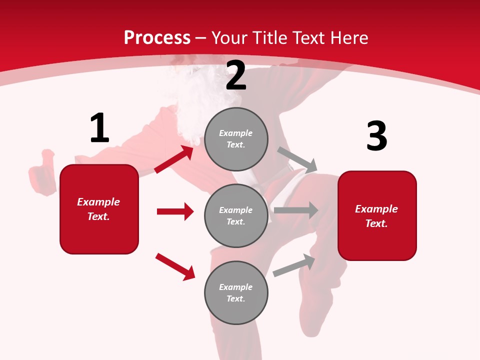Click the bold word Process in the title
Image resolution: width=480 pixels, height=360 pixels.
157,38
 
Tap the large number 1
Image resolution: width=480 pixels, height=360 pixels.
99,128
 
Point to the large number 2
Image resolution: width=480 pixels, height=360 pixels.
236,75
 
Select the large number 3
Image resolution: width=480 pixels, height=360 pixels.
376,136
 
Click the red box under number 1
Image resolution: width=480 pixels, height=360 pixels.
99,209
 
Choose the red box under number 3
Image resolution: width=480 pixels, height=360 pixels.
377,215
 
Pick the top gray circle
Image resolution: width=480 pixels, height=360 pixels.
236,139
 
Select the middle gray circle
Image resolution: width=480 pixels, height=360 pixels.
236,215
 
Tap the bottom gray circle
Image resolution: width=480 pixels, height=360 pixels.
236,292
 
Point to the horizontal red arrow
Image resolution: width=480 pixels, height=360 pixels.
175,211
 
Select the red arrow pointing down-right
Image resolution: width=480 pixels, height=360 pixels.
175,266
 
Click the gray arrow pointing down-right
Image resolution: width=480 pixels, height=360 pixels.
297,160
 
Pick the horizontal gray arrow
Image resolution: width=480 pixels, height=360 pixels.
296,210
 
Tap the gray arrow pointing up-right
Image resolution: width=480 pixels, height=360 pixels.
294,265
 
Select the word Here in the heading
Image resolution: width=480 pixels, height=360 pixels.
349,38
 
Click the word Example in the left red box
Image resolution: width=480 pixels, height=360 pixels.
98,202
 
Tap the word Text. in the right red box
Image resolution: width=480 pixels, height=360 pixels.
376,223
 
